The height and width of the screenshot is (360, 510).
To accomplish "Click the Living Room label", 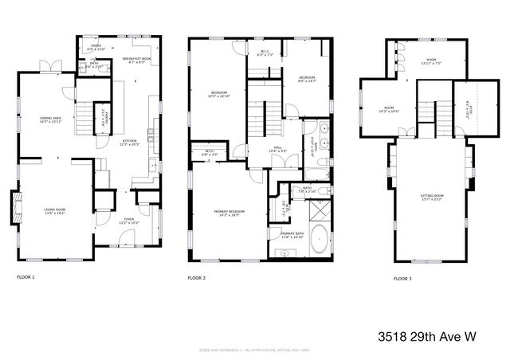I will (x=55, y=211).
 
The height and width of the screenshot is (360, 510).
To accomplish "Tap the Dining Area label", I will (x=52, y=120).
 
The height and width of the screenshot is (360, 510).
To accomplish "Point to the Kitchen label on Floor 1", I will (x=129, y=143).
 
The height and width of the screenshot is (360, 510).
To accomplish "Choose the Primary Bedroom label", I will (x=229, y=212).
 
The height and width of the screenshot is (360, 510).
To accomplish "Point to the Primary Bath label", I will (x=292, y=236).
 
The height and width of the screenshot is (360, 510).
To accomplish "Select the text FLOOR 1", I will (x=25, y=277).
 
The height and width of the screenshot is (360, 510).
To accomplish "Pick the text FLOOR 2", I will (x=196, y=278).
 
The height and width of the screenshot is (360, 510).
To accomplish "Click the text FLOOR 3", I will (x=402, y=279).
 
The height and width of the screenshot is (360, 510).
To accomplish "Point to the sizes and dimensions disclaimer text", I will (x=255, y=350).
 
